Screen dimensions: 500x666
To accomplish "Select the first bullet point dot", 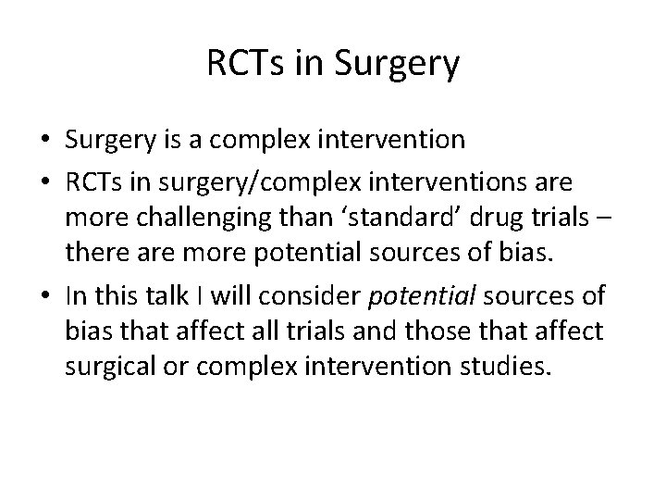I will pos(45,141).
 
